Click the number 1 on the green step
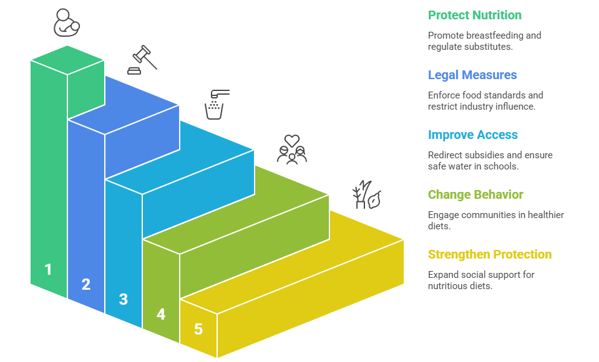(48, 269)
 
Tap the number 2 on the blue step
(85, 284)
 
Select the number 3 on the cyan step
(123, 299)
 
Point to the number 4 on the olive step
(161, 314)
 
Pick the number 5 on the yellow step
(198, 329)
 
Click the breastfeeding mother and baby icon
(66, 23)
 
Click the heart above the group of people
(292, 141)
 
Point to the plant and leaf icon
(366, 194)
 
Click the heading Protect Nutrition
(475, 15)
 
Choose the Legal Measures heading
(472, 75)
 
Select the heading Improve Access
(473, 135)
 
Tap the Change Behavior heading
(475, 194)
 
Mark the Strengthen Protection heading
(490, 254)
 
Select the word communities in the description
(488, 215)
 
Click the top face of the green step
(67, 60)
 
